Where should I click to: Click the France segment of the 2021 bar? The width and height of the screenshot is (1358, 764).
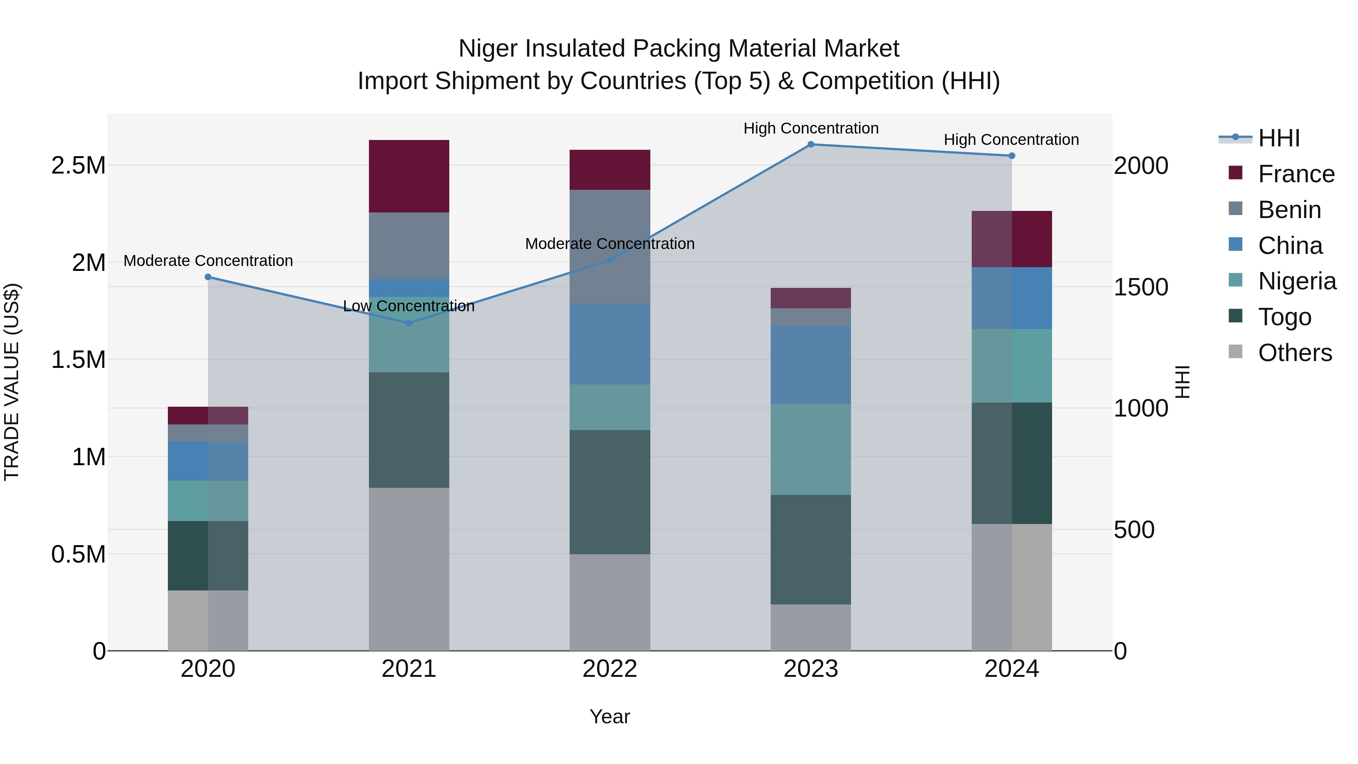[x=409, y=176]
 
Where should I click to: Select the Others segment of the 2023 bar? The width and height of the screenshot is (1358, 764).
[x=810, y=627]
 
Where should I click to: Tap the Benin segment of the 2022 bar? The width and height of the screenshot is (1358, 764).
[x=610, y=246]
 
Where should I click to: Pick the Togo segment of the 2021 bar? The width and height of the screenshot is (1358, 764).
[x=409, y=430]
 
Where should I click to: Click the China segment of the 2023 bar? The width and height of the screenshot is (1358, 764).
[x=810, y=365]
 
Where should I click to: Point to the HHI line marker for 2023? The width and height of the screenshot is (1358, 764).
[x=811, y=144]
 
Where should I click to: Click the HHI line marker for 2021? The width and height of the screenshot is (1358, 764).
[x=409, y=323]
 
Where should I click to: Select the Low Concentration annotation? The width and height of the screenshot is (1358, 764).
[x=409, y=306]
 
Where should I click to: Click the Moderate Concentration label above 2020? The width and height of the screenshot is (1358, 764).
[x=208, y=261]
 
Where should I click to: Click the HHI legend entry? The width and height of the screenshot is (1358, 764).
[x=1278, y=139]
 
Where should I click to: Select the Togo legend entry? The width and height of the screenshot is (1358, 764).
[x=1284, y=317]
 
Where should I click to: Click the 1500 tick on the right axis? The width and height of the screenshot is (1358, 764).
[x=1141, y=287]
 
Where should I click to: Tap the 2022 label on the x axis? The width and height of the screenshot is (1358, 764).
[x=610, y=669]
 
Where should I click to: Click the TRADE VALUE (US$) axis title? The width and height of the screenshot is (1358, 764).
[x=12, y=382]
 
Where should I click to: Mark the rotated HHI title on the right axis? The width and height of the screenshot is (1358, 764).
[x=1183, y=382]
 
